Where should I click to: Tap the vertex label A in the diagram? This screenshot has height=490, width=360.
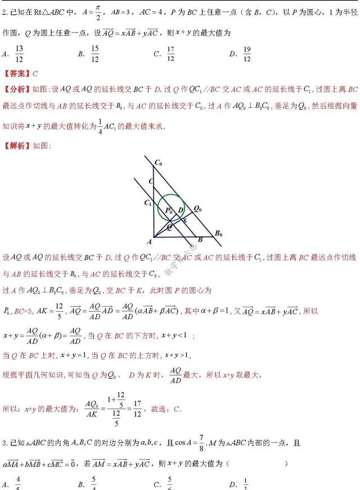click(x=150, y=242)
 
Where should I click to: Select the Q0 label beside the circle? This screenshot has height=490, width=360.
click(x=197, y=209)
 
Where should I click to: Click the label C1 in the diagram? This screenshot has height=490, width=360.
click(x=147, y=203)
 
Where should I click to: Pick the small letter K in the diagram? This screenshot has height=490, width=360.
click(x=184, y=221)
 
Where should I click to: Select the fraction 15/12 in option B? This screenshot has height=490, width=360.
click(x=94, y=55)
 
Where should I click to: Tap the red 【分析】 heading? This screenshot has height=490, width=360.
click(x=17, y=89)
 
